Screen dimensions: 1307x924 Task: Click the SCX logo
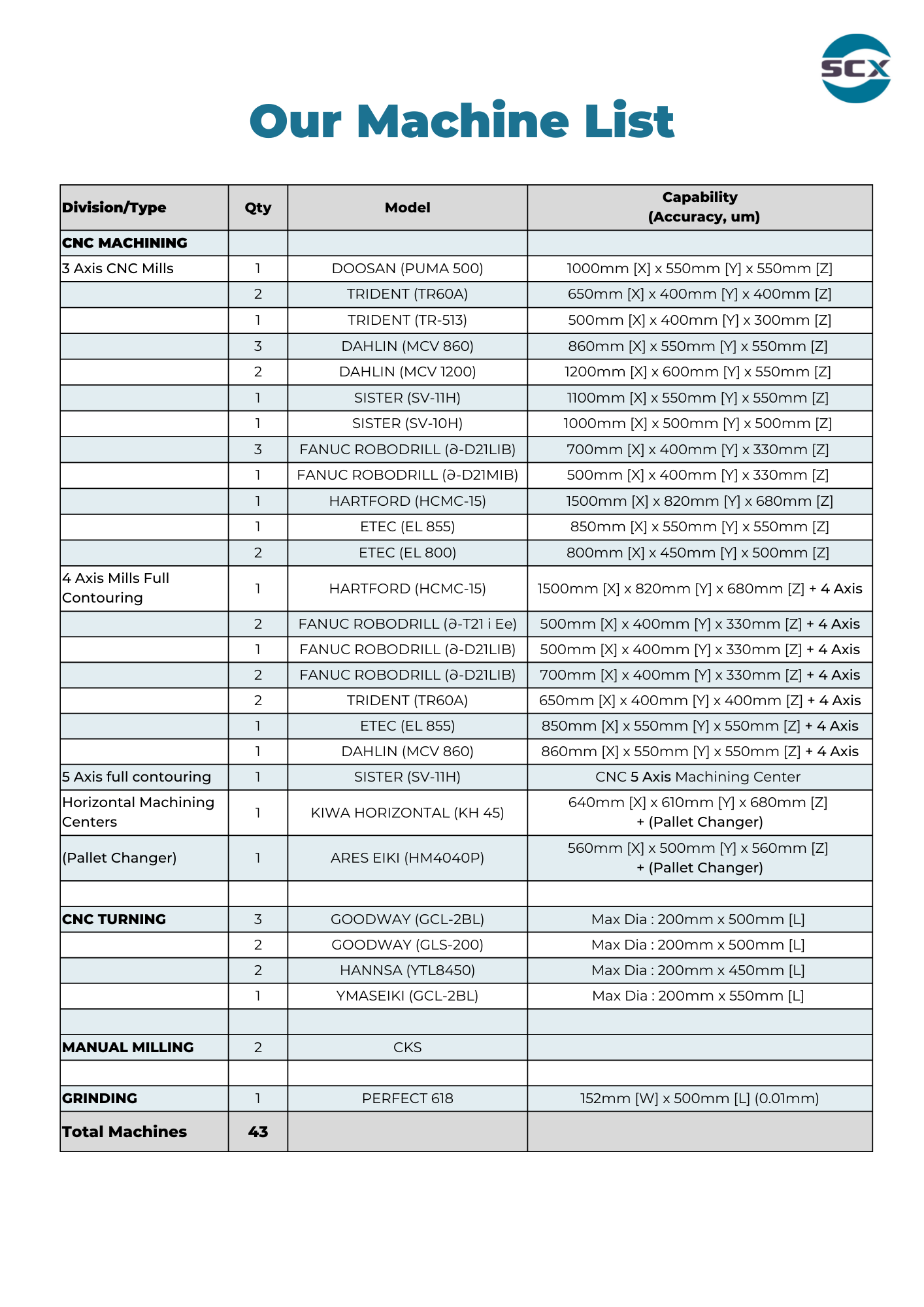pos(855,69)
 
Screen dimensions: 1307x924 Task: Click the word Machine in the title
pos(462,122)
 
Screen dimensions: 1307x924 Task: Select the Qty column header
pos(257,208)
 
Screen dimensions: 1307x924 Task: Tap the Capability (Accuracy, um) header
pos(699,207)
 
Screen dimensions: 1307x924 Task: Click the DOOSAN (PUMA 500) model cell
pos(407,269)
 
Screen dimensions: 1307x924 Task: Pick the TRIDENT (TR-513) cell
pos(407,320)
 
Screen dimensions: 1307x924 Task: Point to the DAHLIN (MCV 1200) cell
pos(407,372)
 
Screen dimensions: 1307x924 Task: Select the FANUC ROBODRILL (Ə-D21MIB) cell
pos(407,475)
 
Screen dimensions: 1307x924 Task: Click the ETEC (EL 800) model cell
pos(407,553)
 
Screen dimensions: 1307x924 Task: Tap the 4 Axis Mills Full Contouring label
pos(116,588)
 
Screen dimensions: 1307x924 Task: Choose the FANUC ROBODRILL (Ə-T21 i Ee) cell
pos(407,624)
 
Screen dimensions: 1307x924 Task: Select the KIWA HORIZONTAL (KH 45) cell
pos(407,813)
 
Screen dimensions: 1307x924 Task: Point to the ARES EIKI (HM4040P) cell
pos(407,858)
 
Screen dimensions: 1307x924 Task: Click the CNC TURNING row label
pos(114,919)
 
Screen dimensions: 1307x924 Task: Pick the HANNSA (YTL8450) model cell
pos(407,970)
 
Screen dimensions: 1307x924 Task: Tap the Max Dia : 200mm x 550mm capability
pos(697,996)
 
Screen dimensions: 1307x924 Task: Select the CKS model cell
pos(407,1048)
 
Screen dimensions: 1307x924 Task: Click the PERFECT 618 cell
pos(407,1099)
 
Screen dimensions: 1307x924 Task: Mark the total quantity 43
pos(257,1132)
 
